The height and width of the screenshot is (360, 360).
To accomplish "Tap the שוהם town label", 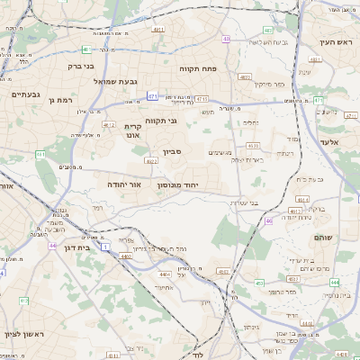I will (323, 237).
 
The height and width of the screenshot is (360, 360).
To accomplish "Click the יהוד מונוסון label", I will (177, 184).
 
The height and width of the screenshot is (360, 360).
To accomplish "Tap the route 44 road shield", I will (53, 246).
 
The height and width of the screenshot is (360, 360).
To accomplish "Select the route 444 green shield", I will (335, 282).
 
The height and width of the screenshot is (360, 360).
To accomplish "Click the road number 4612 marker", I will (109, 125).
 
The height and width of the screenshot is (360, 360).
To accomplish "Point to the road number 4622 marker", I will (152, 161).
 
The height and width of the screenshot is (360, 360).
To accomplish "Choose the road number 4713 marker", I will (202, 99).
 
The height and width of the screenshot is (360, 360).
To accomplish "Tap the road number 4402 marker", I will (125, 257).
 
